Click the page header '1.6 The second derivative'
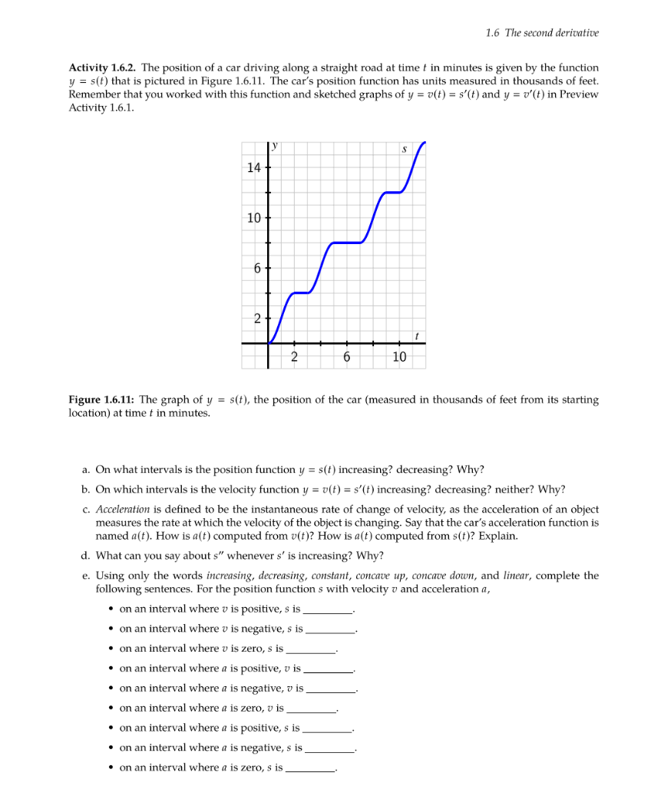(x=542, y=32)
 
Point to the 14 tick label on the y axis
(x=253, y=167)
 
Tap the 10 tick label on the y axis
(x=253, y=217)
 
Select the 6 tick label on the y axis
(x=257, y=268)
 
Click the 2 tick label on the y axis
(x=257, y=318)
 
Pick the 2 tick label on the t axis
(x=294, y=357)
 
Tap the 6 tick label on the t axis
(x=346, y=357)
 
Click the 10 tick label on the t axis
(x=399, y=357)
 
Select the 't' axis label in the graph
(x=415, y=335)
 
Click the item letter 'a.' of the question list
(x=86, y=469)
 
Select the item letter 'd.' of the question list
(x=86, y=556)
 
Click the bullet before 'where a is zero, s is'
(x=111, y=768)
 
